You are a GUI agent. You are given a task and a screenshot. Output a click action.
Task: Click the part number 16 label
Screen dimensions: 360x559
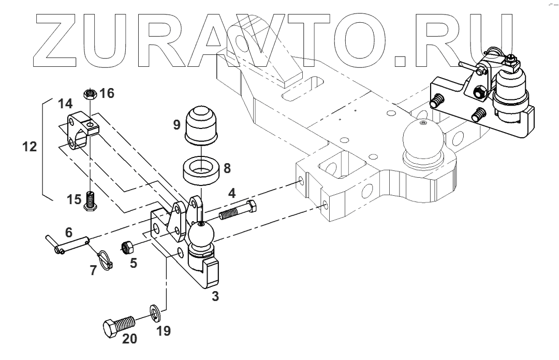pos(107,93)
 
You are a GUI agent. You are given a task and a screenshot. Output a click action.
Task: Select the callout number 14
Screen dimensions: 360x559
pos(65,104)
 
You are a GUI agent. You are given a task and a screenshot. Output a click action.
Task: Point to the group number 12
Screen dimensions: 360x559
pos(30,147)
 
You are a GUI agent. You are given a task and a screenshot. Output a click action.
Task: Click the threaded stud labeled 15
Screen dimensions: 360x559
pos(91,200)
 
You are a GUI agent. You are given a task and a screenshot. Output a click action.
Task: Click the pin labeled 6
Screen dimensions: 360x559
pos(68,242)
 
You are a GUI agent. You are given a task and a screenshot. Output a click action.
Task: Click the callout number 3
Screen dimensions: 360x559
pos(215,296)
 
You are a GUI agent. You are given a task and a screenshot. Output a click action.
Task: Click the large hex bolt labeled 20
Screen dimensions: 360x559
pos(119,327)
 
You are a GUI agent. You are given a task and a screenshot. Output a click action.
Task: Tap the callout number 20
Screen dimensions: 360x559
pos(129,339)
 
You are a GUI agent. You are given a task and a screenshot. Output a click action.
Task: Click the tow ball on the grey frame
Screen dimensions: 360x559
pos(422,140)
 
